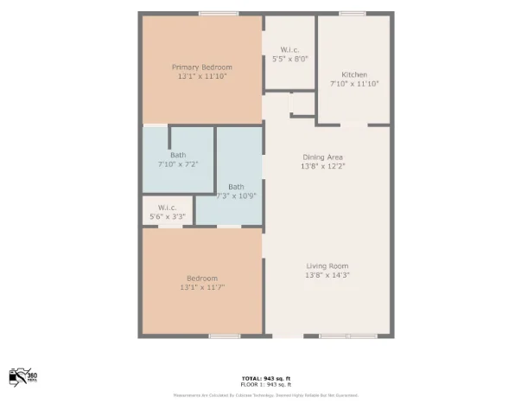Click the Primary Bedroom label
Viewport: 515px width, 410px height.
pos(201,67)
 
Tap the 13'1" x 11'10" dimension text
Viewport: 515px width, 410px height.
pos(201,76)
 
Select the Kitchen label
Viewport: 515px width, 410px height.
pos(354,74)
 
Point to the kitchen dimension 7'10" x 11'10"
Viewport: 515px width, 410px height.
pos(354,84)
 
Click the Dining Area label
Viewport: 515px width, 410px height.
pos(323,157)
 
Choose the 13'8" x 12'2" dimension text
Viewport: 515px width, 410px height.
pos(323,166)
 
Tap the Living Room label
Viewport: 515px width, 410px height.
pos(327,266)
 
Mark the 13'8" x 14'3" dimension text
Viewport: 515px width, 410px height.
pos(327,275)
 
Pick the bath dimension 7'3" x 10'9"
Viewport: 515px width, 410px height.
pos(236,196)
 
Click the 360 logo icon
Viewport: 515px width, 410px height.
pos(23,375)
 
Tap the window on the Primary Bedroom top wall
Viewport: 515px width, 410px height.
pos(213,13)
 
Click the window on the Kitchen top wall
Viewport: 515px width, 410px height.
pos(352,13)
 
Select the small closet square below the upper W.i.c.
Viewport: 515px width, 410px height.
pos(302,104)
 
